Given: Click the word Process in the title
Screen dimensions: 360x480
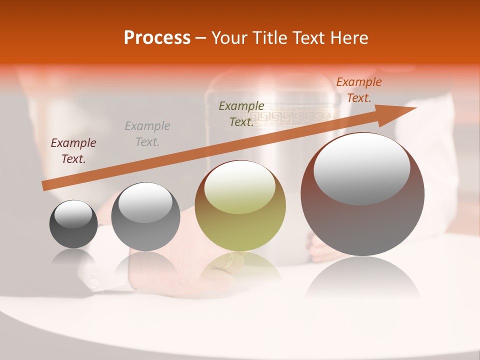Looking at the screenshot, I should (x=157, y=38).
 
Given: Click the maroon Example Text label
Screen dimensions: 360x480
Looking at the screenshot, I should (x=73, y=151).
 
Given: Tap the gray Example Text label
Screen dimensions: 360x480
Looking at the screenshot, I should (x=147, y=134).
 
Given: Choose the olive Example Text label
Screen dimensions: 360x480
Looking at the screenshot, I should (x=241, y=113).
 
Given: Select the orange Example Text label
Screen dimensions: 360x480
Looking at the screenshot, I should (x=358, y=90).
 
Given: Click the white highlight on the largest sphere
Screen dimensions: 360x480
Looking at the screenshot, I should (x=361, y=169).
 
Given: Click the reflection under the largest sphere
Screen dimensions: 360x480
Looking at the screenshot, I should (x=362, y=278).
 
